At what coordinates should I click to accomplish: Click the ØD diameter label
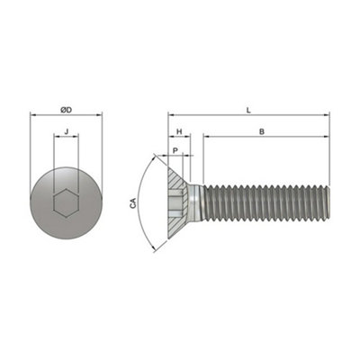coord(66,110)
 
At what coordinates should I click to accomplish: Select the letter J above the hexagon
coord(66,132)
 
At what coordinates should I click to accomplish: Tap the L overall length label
coord(248,110)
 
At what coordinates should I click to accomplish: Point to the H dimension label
coord(180,131)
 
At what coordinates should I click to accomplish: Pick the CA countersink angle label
coord(133,204)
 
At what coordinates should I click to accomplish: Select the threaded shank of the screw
coord(265,204)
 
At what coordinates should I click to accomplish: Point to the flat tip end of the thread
coord(328,204)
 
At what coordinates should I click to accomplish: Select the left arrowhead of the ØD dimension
coord(33,115)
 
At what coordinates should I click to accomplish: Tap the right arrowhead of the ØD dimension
coord(100,115)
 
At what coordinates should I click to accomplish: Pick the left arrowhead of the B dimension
coord(206,137)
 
